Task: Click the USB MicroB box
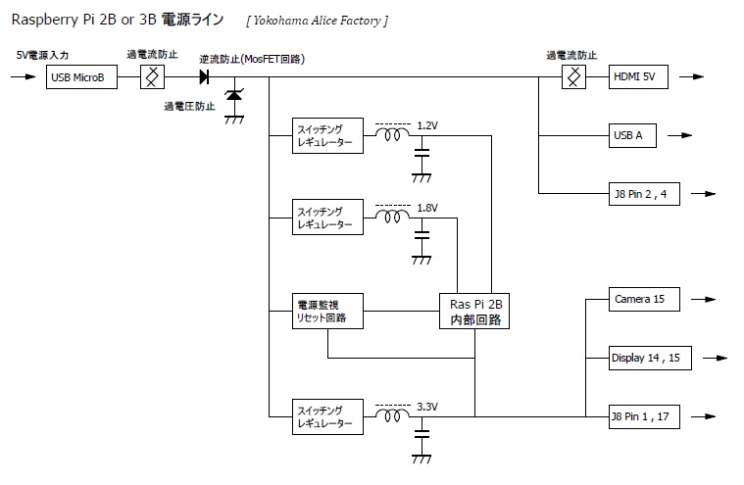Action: pos(81,76)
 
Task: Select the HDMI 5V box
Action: pos(639,76)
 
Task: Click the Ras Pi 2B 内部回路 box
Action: pos(474,311)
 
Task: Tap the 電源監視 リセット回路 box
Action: pos(325,311)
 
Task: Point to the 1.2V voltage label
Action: pos(427,126)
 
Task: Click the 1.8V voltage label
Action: pos(427,208)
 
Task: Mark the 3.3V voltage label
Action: pos(427,406)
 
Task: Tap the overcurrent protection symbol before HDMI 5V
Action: pos(572,76)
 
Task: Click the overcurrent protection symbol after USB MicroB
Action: pos(152,76)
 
